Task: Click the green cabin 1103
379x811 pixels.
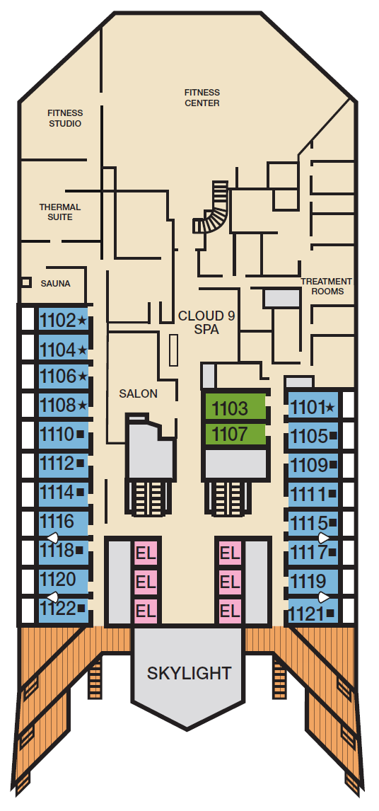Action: (x=235, y=407)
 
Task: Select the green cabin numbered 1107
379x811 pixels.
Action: (x=235, y=434)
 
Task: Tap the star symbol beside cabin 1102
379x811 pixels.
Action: (x=82, y=321)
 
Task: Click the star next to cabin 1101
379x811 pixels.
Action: (x=330, y=408)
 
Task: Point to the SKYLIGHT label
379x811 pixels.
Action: (x=189, y=673)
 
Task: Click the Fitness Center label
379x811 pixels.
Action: (x=202, y=98)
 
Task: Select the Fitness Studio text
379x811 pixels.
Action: (x=65, y=118)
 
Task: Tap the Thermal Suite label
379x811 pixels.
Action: (x=60, y=212)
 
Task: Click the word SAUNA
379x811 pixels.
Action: (x=55, y=284)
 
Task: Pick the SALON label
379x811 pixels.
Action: (x=138, y=393)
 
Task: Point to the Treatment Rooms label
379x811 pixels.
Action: (x=326, y=286)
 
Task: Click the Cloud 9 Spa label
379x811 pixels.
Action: (x=206, y=322)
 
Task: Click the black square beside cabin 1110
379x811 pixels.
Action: (x=80, y=435)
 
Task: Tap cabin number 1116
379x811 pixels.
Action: (x=57, y=521)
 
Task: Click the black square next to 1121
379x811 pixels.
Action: (x=330, y=614)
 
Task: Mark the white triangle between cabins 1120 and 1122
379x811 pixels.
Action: (x=52, y=596)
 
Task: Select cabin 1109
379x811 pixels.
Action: (x=308, y=466)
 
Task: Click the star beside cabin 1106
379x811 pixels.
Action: (x=83, y=376)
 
